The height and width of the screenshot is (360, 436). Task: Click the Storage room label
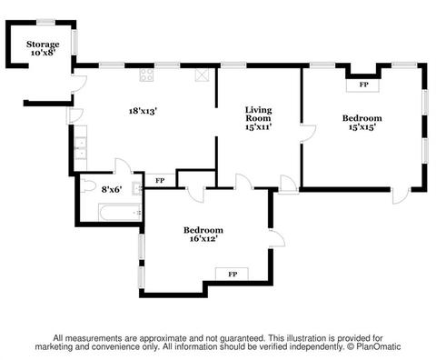click(x=43, y=45)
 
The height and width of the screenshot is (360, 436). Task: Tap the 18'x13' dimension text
click(x=143, y=111)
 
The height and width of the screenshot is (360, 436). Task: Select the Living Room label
click(x=258, y=114)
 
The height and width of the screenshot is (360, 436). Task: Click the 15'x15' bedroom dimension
click(x=362, y=126)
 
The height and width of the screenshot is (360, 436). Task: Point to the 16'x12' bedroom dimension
click(x=203, y=239)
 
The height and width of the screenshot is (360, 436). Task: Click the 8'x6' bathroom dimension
click(x=112, y=190)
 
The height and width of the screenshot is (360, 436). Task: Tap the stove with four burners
click(x=146, y=75)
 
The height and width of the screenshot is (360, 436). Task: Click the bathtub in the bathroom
click(x=120, y=212)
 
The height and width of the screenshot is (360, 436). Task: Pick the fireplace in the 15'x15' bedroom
click(x=362, y=85)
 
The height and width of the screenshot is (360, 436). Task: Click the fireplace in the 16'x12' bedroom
click(x=232, y=275)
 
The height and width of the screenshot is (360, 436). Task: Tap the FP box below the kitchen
click(x=160, y=181)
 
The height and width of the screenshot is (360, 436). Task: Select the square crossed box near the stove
click(x=202, y=75)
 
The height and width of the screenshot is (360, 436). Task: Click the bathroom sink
click(x=137, y=188)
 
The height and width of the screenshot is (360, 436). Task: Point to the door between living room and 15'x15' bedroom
click(x=308, y=133)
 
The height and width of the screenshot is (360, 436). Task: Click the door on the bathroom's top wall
click(x=123, y=166)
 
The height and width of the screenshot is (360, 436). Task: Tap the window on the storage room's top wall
click(x=45, y=22)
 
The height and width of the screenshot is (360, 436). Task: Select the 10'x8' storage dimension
click(x=43, y=53)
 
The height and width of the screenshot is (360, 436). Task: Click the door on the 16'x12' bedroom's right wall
click(x=277, y=238)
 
